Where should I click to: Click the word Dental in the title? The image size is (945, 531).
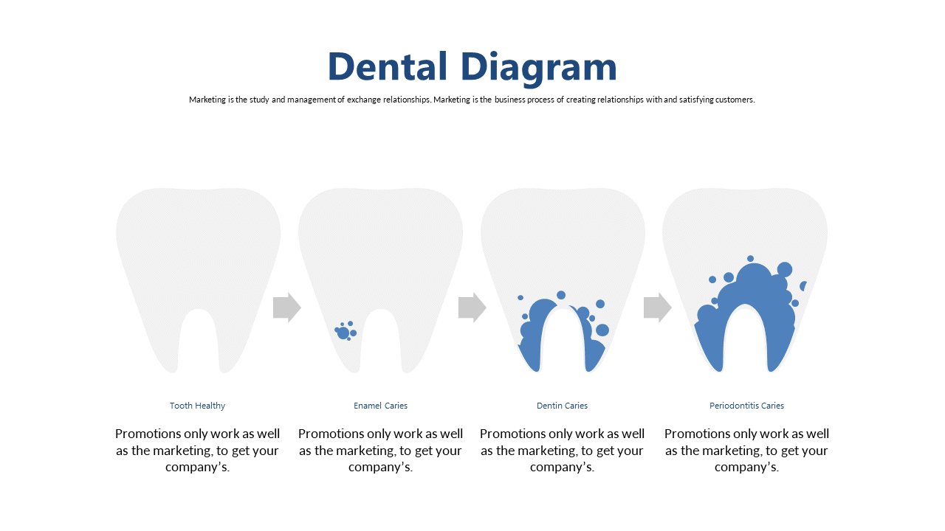click(388, 66)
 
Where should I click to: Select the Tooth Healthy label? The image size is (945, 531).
click(197, 406)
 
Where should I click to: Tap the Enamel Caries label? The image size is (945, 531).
click(380, 406)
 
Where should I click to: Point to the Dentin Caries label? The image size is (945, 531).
click(562, 406)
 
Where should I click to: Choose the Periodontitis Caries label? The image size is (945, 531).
click(746, 406)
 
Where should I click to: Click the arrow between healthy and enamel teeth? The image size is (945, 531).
click(287, 308)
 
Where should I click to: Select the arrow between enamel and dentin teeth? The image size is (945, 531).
click(472, 308)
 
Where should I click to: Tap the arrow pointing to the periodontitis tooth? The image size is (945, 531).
click(658, 308)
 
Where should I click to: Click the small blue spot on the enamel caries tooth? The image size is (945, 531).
click(345, 332)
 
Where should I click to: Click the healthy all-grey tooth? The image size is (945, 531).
click(199, 253)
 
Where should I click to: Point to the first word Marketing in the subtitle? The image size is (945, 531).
click(207, 100)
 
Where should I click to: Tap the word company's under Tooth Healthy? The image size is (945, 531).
click(197, 467)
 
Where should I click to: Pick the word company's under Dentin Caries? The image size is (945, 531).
click(562, 467)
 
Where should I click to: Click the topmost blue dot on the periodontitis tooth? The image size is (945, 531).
click(750, 259)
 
